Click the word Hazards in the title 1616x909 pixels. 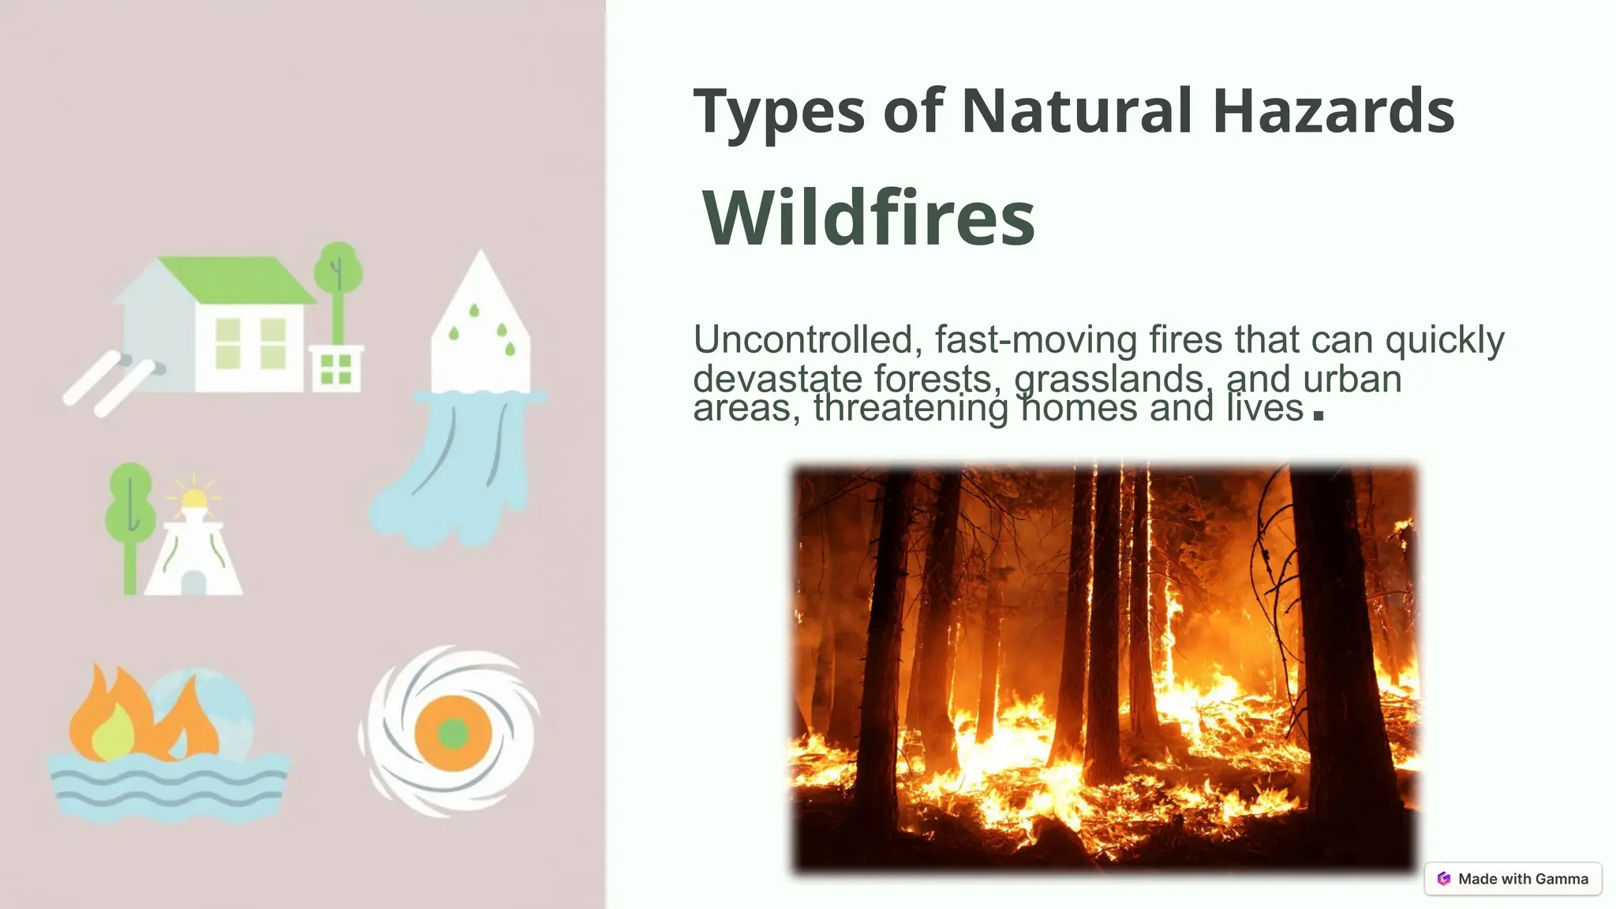[x=1333, y=111]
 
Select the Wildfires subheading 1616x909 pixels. [x=868, y=219]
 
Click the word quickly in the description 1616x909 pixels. [x=1445, y=340]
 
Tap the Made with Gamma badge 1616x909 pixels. [x=1513, y=878]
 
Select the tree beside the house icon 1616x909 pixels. [x=339, y=284]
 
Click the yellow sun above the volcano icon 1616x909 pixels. [x=193, y=499]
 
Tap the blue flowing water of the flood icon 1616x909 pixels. [x=458, y=473]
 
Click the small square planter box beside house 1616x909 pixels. [x=336, y=368]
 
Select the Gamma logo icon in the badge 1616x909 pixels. [x=1444, y=878]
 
